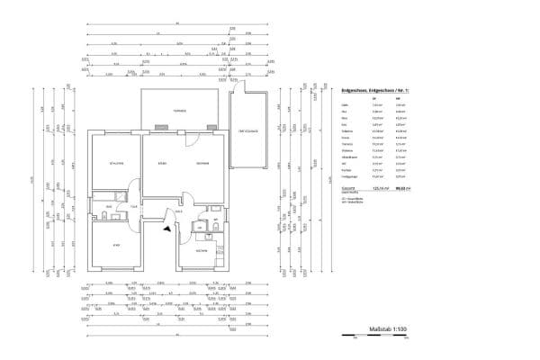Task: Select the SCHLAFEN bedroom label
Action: tap(116, 163)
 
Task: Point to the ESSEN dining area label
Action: tap(162, 163)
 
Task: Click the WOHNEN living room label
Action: tap(202, 163)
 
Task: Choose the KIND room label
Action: tap(116, 245)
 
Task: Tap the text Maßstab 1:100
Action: tap(389, 330)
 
